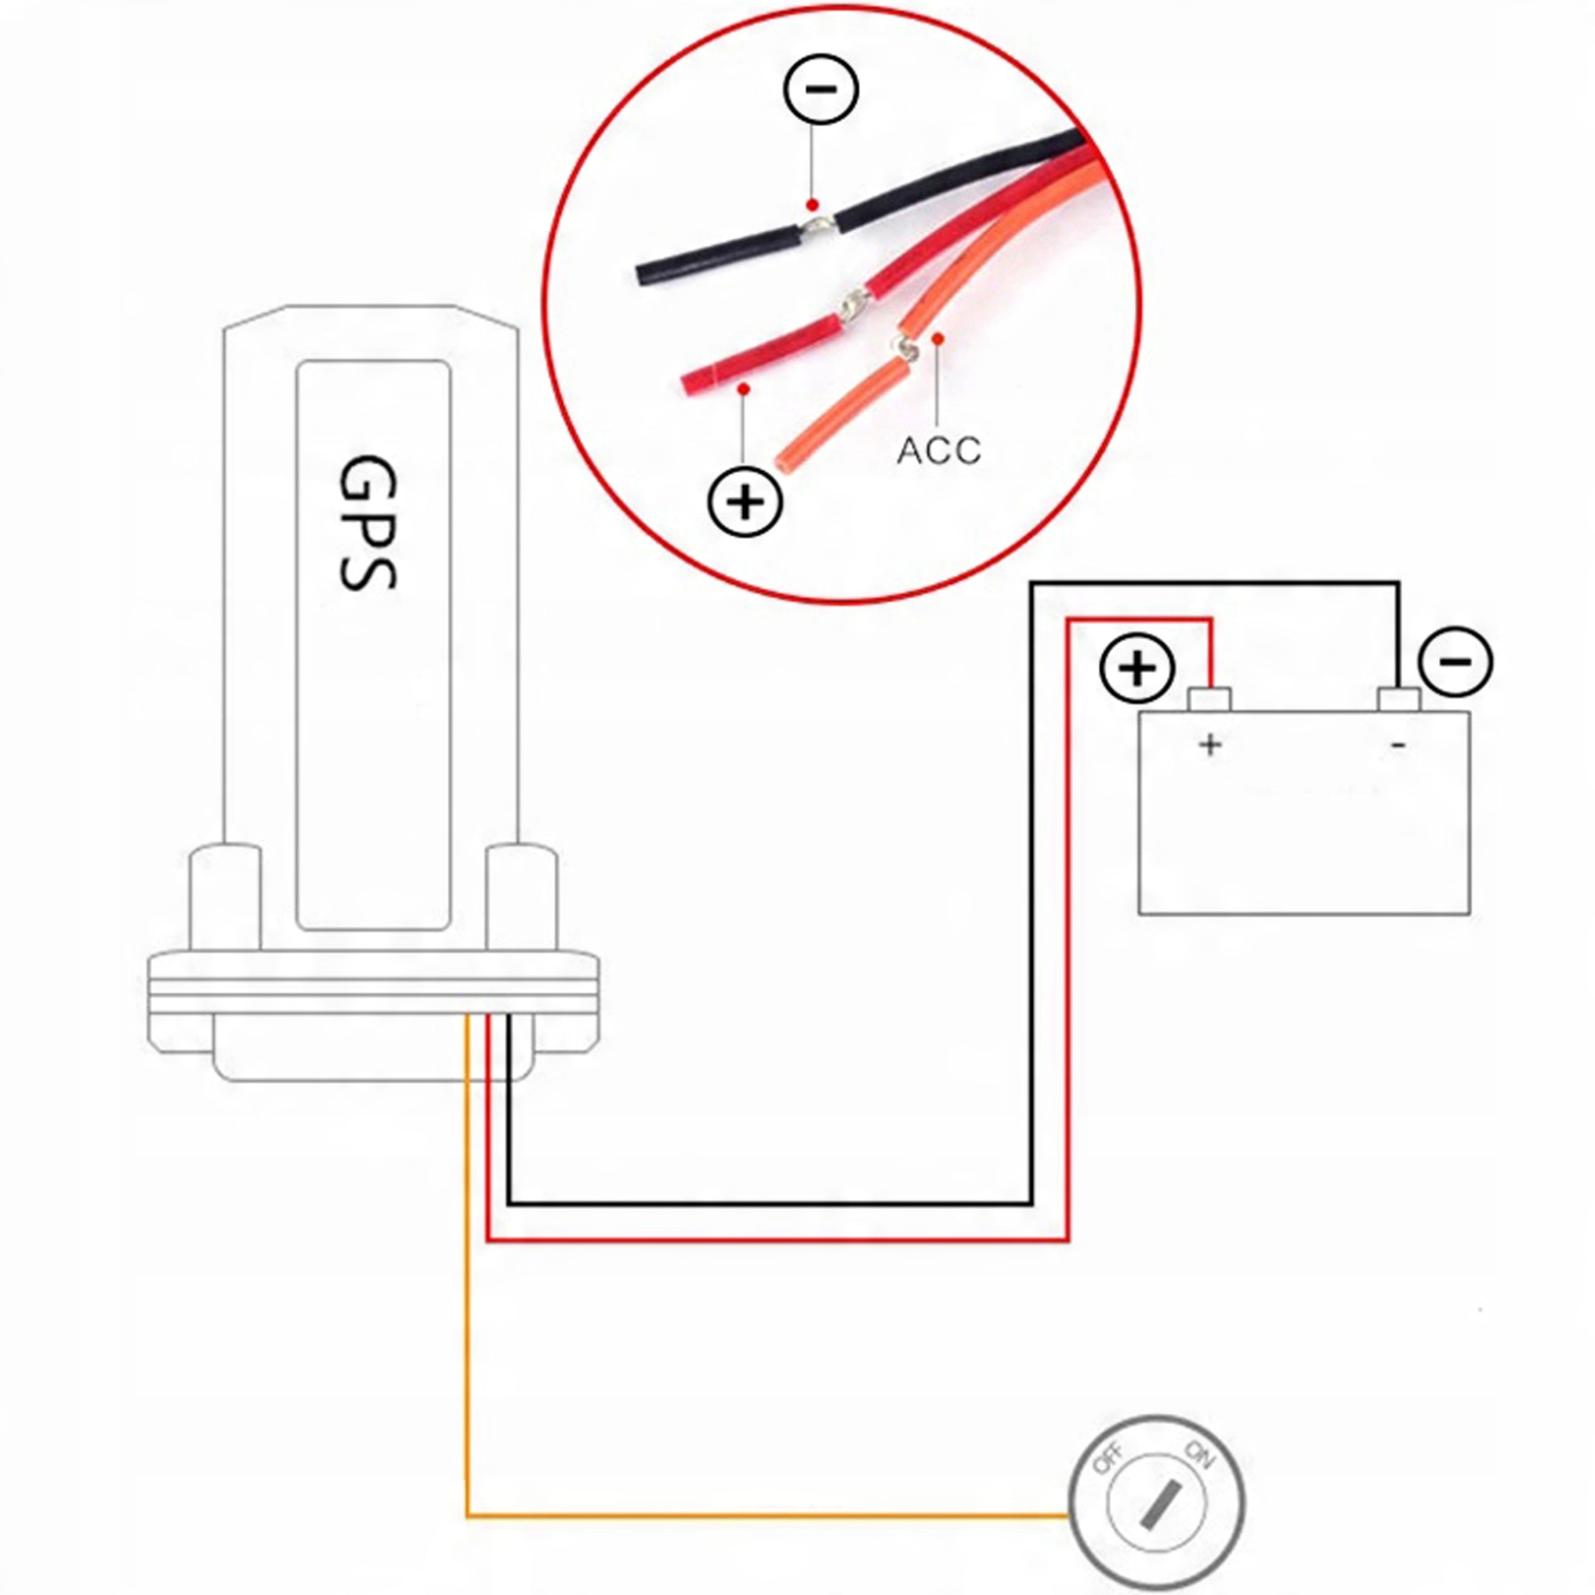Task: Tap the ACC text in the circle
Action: click(x=939, y=450)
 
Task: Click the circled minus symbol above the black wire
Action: click(x=821, y=88)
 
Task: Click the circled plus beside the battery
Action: click(x=1137, y=668)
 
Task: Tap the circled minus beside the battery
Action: click(x=1455, y=662)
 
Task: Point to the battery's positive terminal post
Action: click(x=1209, y=699)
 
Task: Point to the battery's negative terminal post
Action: click(x=1399, y=699)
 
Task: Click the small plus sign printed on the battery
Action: click(x=1211, y=745)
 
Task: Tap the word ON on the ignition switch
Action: click(x=1199, y=1455)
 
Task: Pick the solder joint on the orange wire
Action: click(x=908, y=349)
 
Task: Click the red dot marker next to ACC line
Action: click(x=937, y=338)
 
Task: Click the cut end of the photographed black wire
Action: click(x=642, y=275)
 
